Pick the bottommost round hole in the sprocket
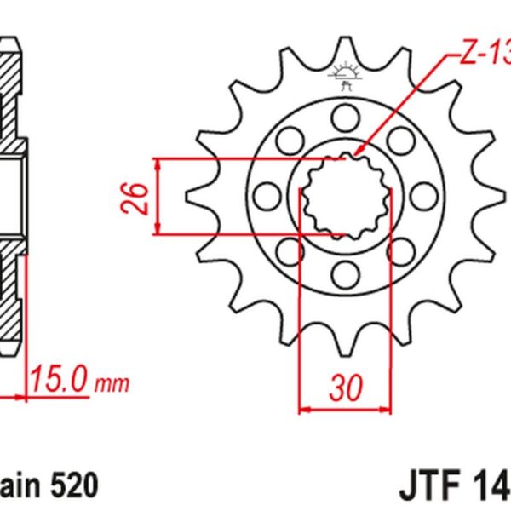[345, 273]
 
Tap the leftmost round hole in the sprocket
[266, 193]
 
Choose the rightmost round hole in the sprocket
[423, 193]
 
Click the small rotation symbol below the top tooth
[345, 78]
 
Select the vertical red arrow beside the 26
[158, 196]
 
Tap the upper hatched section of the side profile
[12, 94]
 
